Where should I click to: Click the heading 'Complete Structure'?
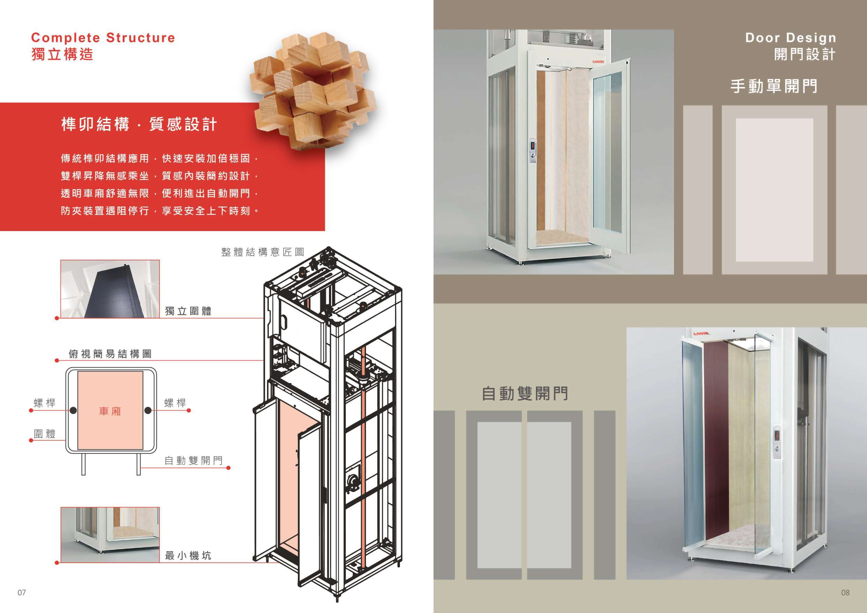103,38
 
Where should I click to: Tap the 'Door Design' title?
790,38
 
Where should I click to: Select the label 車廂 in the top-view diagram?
110,411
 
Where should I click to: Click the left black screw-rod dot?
73,410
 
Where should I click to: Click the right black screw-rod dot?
148,410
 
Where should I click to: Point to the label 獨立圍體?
188,311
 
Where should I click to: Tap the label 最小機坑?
188,556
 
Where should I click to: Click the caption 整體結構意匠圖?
263,252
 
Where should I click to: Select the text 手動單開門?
774,86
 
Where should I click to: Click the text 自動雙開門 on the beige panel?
525,393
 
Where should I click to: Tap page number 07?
22,593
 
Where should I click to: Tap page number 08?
845,593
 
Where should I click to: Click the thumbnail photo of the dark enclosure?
110,289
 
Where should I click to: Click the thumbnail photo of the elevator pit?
110,534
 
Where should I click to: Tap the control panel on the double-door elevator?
776,442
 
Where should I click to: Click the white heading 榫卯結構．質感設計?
139,124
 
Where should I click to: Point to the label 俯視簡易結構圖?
110,354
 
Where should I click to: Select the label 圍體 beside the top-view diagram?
44,434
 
